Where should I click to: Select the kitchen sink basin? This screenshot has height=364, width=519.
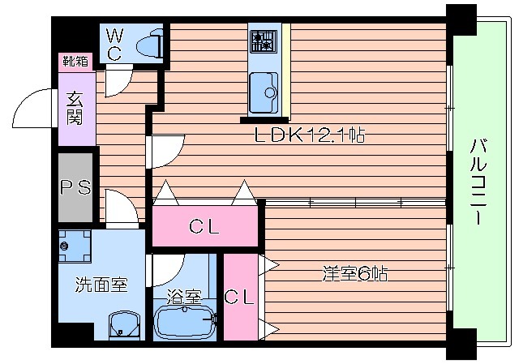[264, 91]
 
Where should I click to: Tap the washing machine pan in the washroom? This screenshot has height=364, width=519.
[76, 245]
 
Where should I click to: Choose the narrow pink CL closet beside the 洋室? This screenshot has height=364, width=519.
[239, 296]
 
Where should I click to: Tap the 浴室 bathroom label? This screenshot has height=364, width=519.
[183, 297]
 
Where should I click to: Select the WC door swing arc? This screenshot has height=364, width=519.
[114, 79]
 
